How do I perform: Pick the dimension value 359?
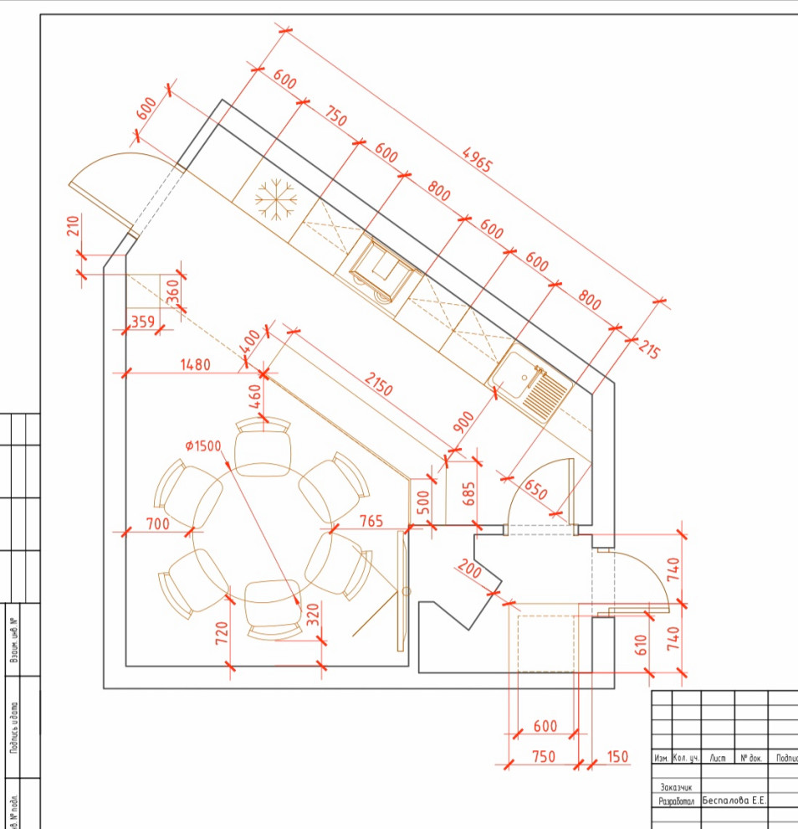click(142, 320)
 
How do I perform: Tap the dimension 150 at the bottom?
click(616, 757)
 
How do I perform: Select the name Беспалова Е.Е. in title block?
click(734, 801)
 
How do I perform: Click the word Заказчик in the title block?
click(677, 787)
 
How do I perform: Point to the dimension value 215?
click(647, 348)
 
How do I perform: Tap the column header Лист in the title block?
click(717, 758)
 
